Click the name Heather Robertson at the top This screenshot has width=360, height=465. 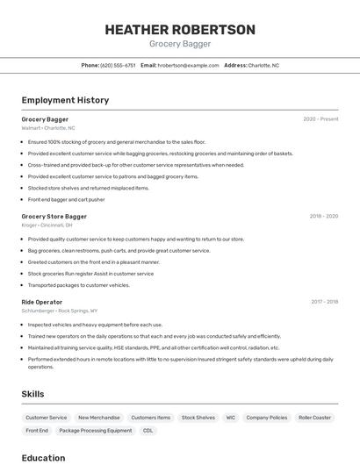pos(180,30)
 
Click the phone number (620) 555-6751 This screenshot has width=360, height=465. pos(118,65)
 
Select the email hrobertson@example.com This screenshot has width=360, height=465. pos(188,65)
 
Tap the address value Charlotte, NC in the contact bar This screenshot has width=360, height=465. pos(263,65)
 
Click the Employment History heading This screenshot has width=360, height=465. pos(65,100)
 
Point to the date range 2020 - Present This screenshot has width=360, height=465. pos(320,119)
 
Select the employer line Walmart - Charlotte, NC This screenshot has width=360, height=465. pos(48,128)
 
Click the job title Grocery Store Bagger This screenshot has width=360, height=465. pos(54,216)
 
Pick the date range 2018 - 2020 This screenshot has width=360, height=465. pos(323,216)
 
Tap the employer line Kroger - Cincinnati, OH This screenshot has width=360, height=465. pos(47,225)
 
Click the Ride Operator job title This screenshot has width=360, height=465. pos(42,302)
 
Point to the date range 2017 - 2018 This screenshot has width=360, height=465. pos(324,302)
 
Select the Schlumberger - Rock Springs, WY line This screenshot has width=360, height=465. pos(60,311)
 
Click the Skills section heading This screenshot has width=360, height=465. pos(32,394)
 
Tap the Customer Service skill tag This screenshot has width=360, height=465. pos(47,418)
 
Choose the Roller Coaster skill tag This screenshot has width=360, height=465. pos(314,418)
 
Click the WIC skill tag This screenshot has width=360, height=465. pos(230,418)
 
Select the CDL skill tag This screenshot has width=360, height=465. pos(148,431)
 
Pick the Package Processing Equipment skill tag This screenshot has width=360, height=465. pos(96,431)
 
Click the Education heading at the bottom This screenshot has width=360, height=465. pos(43,458)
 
